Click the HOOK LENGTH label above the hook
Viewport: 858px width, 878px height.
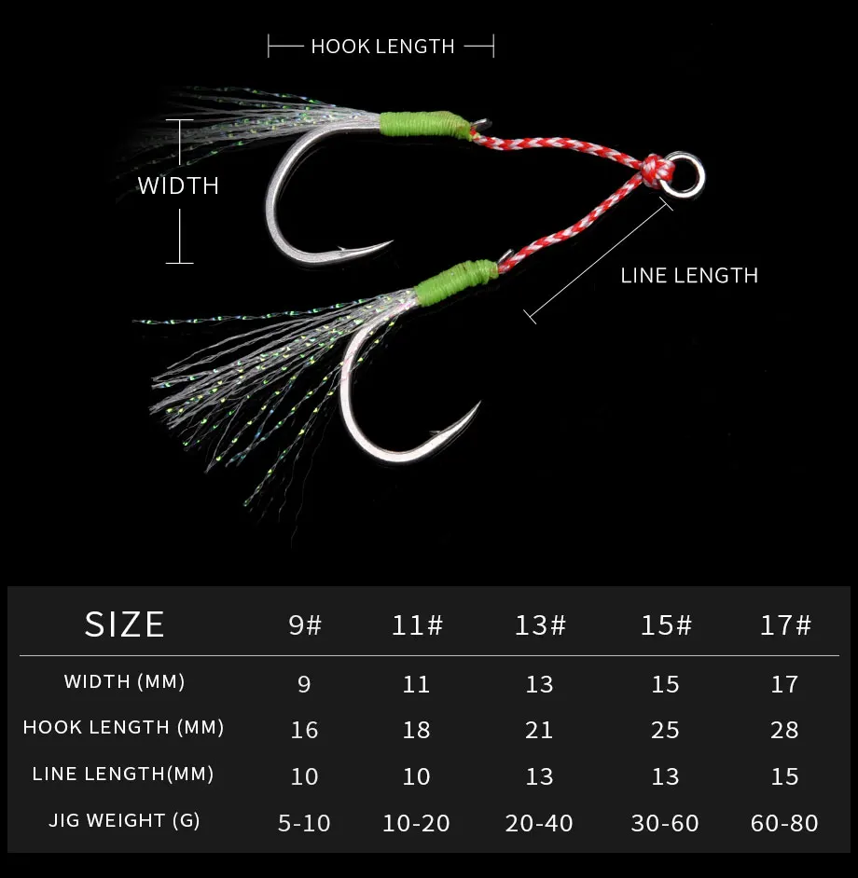pos(382,47)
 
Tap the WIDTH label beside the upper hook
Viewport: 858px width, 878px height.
pos(178,185)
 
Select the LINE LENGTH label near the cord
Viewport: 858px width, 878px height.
pos(689,276)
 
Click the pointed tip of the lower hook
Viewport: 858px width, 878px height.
pos(479,402)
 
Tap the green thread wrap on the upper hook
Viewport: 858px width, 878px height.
pos(424,124)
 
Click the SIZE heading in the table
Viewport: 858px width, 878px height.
pos(124,624)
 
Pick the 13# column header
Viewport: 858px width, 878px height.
pos(540,625)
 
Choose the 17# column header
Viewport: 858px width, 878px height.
pos(785,625)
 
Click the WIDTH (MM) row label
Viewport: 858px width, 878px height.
pos(124,681)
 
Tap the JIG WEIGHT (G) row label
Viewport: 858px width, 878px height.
pos(124,820)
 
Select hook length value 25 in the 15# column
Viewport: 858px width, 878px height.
pos(665,730)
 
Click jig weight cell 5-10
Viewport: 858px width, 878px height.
pos(304,823)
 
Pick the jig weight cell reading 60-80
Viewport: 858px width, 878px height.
pos(784,823)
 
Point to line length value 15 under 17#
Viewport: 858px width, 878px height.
pos(784,776)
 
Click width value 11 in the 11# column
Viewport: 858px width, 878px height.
pos(416,684)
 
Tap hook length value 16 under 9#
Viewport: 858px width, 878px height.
pos(304,730)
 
